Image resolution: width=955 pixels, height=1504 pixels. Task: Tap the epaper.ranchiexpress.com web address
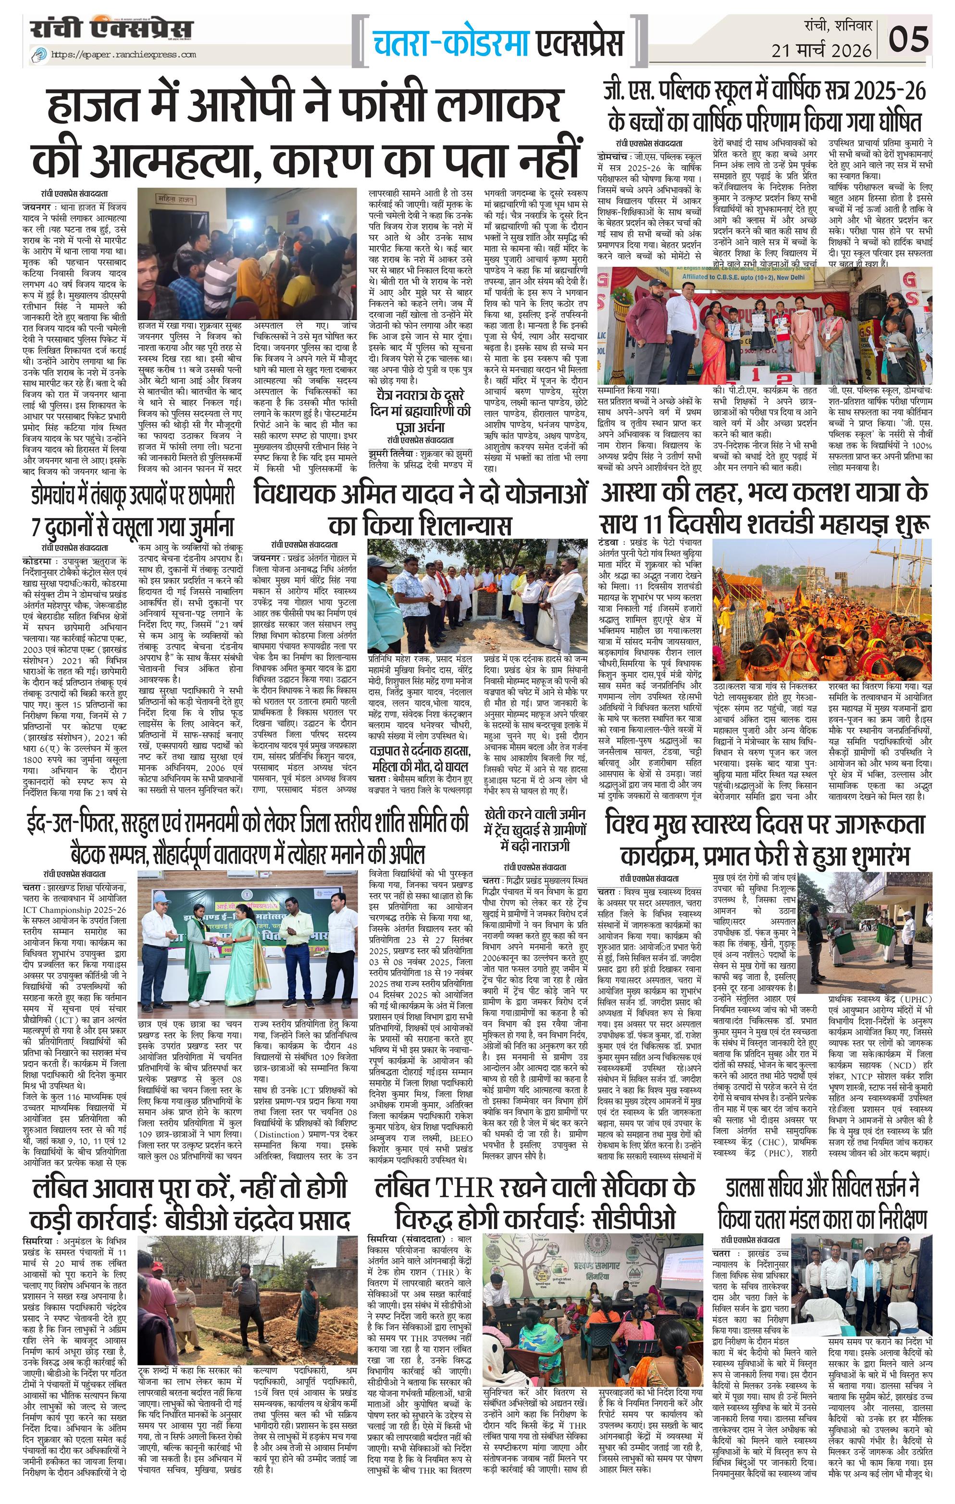pyautogui.click(x=123, y=54)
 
